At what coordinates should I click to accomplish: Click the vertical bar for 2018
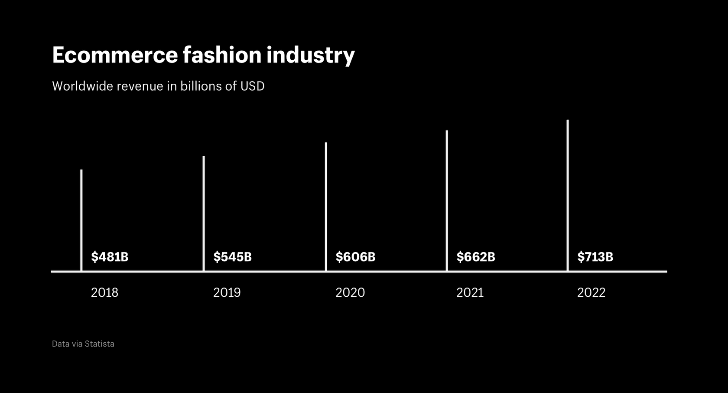[81, 220]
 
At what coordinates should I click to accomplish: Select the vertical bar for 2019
[204, 213]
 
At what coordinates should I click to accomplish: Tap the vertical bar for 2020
[326, 206]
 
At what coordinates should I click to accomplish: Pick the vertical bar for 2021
[447, 200]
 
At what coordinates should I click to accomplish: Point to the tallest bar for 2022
[568, 195]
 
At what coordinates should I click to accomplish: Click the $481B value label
[110, 257]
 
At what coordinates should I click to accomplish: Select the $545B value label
[232, 257]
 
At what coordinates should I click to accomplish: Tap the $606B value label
[355, 257]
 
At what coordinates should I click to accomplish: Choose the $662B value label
[476, 257]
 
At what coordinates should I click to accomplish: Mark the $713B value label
[595, 257]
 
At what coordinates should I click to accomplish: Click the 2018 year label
[104, 292]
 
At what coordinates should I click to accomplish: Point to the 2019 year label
[227, 292]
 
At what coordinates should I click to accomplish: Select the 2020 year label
[350, 292]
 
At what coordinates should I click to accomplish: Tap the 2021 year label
[470, 292]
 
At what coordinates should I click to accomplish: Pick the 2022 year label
[591, 292]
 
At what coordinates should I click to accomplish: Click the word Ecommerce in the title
[115, 55]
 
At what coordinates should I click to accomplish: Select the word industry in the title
[310, 55]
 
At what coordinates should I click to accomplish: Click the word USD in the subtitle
[252, 86]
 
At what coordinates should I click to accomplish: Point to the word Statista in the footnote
[99, 344]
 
